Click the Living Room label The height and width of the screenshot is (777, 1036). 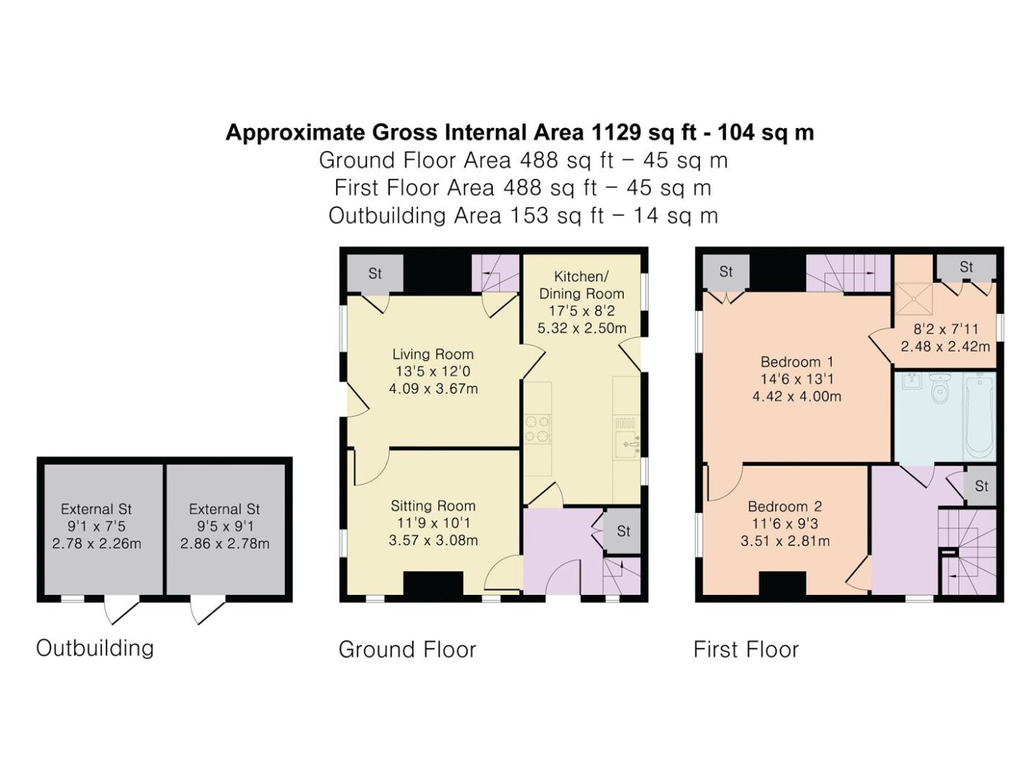(x=433, y=354)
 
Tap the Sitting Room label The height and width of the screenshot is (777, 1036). (x=433, y=505)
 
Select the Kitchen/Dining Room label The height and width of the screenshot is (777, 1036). (x=582, y=285)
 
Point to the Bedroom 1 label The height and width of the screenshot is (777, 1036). (x=797, y=362)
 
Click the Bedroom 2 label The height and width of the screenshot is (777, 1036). (x=785, y=506)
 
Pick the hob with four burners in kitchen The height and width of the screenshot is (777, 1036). (x=538, y=429)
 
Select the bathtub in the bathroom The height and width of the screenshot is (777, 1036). (x=980, y=417)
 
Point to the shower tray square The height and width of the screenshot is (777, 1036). (x=914, y=299)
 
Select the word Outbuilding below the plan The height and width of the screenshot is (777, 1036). (x=95, y=647)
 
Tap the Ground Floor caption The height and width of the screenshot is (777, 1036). (x=407, y=649)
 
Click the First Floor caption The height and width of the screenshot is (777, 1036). (x=746, y=649)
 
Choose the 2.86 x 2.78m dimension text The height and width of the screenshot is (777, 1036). (x=225, y=543)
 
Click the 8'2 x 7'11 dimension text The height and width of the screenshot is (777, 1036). (x=946, y=329)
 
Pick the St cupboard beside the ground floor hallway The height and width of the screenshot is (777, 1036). (x=622, y=531)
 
